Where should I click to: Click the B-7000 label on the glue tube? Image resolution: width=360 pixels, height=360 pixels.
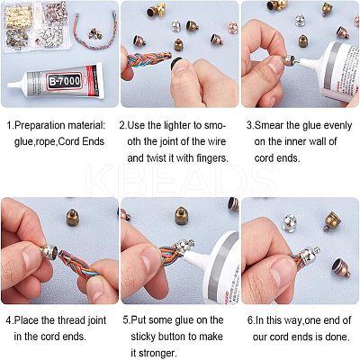coord(64,81)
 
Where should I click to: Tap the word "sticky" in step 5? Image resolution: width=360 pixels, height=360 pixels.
coord(143,337)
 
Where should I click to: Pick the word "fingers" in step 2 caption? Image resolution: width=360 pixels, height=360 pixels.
coord(212,157)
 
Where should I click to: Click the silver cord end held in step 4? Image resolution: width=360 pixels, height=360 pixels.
coord(49,251)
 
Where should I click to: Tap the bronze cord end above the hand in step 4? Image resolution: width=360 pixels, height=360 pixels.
coord(72,218)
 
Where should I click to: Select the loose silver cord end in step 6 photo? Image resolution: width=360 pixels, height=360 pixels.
coord(290,223)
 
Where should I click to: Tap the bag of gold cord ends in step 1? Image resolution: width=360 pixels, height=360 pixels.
coord(19,15)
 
